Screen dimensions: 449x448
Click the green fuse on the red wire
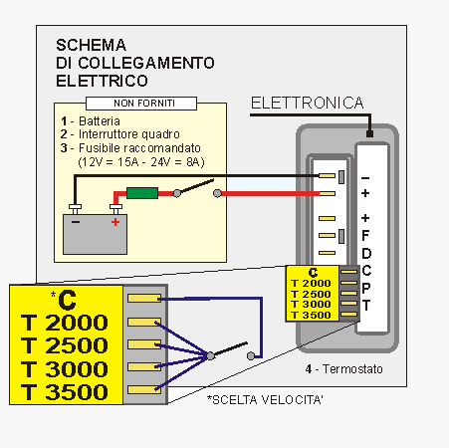142,193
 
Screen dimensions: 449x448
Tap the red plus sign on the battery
115,222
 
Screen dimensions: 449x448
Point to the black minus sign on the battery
76,222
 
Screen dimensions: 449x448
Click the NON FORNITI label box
141,104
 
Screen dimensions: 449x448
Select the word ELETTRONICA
308,103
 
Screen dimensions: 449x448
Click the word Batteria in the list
100,121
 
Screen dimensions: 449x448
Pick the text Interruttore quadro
129,134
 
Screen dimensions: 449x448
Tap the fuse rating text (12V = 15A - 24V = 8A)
141,162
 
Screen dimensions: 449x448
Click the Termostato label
352,369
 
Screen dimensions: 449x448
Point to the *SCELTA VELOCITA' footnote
265,400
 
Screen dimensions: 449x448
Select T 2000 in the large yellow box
65,323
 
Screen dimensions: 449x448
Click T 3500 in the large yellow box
65,392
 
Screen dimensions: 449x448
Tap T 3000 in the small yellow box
311,305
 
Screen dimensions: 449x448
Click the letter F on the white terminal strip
365,236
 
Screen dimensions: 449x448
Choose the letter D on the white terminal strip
366,254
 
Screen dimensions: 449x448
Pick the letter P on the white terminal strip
366,288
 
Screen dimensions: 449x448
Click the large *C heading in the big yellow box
64,300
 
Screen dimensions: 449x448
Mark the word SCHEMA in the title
91,45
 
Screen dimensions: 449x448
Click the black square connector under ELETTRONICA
369,133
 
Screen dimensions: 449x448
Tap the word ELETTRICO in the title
102,81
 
